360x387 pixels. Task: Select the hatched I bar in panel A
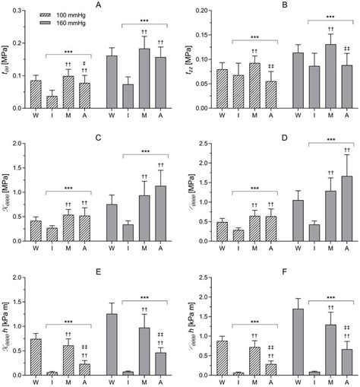pyautogui.click(x=52, y=102)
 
